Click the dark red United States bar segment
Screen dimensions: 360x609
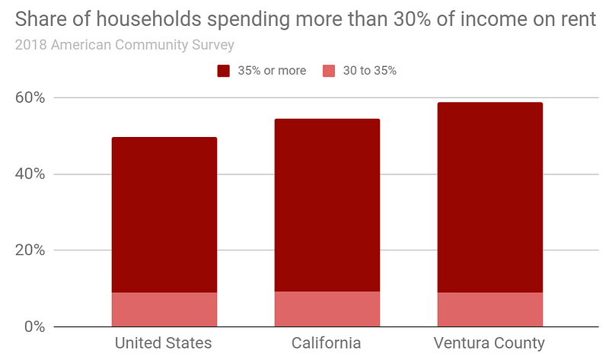(x=164, y=215)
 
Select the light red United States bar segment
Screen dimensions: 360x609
(x=164, y=310)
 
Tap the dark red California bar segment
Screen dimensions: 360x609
(x=327, y=205)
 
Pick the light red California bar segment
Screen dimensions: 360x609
(x=327, y=309)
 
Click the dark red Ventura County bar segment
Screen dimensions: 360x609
(x=489, y=197)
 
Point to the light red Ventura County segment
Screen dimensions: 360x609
(x=489, y=310)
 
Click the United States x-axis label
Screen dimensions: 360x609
(x=163, y=342)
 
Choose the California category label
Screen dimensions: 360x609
(x=327, y=342)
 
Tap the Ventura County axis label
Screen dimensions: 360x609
(x=489, y=342)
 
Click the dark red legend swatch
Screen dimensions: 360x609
(x=224, y=71)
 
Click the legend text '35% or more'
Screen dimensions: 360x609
(x=271, y=71)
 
